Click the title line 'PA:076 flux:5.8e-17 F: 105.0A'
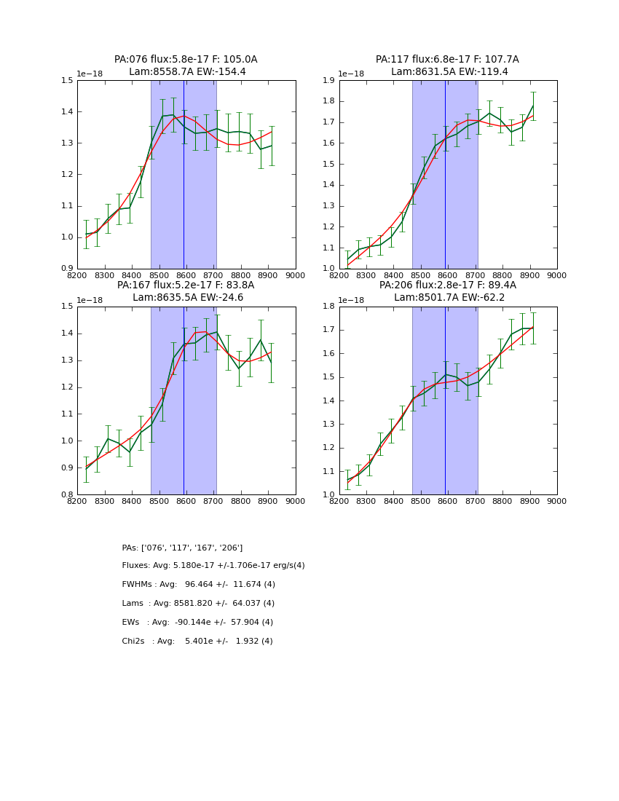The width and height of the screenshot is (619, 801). pos(186,60)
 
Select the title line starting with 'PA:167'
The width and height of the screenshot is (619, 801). pos(186,285)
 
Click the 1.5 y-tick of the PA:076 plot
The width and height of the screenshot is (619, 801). pos(67,81)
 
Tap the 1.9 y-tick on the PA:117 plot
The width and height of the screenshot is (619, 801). pos(329,81)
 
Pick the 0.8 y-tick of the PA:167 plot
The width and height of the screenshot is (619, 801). pos(67,495)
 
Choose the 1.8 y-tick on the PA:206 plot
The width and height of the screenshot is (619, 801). pos(329,307)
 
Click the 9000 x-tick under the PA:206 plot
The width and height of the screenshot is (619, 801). pos(557,502)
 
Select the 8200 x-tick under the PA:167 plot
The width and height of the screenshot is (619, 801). pos(77,502)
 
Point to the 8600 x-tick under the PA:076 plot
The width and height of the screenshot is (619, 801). pos(186,276)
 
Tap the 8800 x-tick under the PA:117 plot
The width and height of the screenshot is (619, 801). pos(502,276)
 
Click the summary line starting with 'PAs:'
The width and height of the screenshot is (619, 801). pos(182,548)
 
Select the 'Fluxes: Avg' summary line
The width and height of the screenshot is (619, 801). pos(213,566)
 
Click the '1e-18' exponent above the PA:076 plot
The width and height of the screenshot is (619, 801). pos(90,74)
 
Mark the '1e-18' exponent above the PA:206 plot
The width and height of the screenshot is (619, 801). pos(352,300)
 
